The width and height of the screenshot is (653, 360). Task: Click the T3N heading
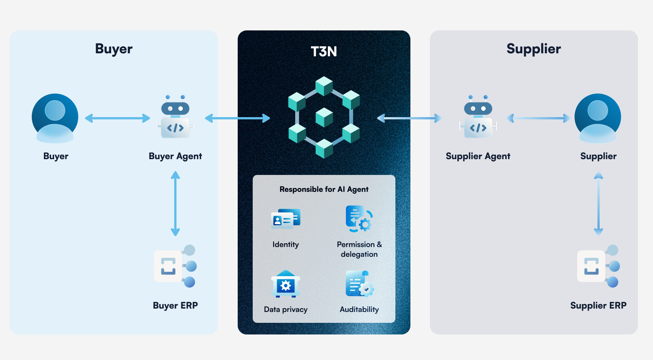click(x=324, y=51)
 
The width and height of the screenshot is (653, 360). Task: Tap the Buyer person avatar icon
click(x=55, y=118)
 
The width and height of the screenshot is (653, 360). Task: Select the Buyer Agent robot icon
click(x=175, y=117)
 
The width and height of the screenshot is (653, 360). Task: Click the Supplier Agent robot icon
click(x=478, y=117)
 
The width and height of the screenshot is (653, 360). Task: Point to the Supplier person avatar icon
click(x=597, y=118)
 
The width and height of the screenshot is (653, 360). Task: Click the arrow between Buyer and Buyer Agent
click(x=118, y=119)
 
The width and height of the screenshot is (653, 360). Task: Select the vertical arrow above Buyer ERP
click(x=175, y=203)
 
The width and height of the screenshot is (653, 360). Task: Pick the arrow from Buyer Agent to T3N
click(x=237, y=119)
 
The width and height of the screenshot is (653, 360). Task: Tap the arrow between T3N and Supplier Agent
click(x=409, y=119)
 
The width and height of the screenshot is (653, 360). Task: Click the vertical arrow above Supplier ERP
click(x=599, y=203)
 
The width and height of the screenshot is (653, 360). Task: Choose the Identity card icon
click(x=285, y=218)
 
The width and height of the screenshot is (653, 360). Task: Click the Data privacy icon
click(x=285, y=284)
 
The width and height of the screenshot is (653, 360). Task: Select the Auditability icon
click(x=359, y=284)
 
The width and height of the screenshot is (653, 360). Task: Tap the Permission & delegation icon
click(x=359, y=218)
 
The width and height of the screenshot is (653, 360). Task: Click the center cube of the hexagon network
click(x=324, y=117)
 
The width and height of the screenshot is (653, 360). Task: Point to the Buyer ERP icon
click(x=175, y=266)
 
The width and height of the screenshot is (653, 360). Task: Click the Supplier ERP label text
click(x=598, y=306)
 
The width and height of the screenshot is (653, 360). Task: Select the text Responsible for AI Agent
click(x=324, y=189)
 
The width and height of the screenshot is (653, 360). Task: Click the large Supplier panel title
click(x=533, y=49)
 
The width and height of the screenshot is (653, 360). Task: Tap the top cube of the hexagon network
click(x=324, y=86)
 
